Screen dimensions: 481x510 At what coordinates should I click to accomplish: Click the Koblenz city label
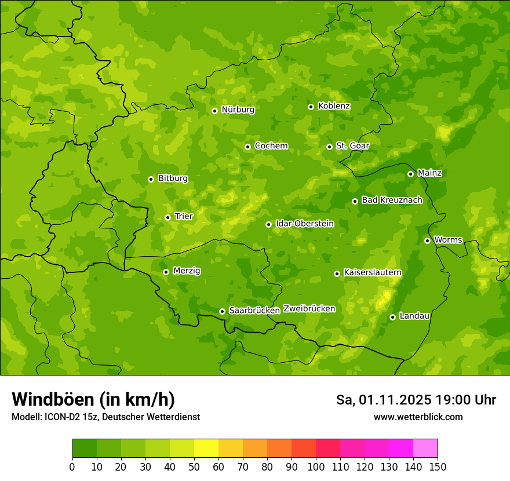[x=334, y=106]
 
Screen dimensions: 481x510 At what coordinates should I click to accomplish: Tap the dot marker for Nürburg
[x=214, y=111]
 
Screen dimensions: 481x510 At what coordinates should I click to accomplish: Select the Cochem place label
[x=271, y=146]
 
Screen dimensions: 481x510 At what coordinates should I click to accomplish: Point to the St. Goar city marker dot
[x=329, y=147]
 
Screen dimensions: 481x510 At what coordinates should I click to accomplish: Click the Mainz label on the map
[x=429, y=173]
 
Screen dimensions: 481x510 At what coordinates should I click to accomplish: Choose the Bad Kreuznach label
[x=392, y=201]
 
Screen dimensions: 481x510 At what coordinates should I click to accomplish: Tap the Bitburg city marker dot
[x=151, y=179]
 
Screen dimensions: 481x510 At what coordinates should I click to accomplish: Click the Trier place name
[x=184, y=217]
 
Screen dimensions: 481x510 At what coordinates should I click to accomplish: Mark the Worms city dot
[x=427, y=240]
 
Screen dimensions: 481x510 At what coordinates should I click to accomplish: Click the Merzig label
[x=187, y=271]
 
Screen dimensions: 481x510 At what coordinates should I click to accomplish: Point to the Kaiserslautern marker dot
[x=337, y=274]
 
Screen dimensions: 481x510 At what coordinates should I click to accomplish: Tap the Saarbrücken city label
[x=254, y=311]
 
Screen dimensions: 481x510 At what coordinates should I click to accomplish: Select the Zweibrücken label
[x=309, y=309]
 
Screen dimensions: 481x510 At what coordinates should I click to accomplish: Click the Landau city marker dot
[x=392, y=317]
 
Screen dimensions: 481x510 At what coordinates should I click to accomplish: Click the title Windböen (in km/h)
[x=93, y=399]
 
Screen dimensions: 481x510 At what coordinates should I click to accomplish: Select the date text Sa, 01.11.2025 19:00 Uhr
[x=416, y=400]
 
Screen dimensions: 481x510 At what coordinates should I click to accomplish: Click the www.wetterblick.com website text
[x=418, y=417]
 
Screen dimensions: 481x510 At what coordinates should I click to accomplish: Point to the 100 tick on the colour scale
[x=316, y=467]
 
